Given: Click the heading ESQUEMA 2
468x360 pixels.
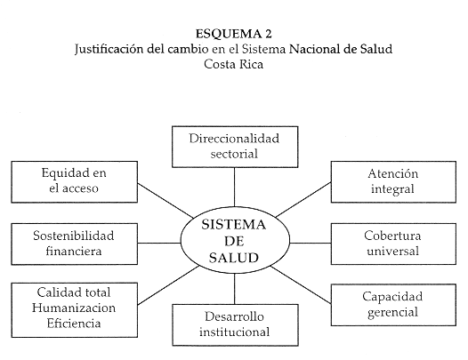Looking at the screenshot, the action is (234, 34).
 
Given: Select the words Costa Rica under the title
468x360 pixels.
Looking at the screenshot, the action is (233, 64).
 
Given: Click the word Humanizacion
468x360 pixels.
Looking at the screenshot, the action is (74, 308).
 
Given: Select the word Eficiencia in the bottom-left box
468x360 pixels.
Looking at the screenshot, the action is (74, 324).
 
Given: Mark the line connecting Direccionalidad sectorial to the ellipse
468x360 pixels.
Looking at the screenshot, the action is (234, 187).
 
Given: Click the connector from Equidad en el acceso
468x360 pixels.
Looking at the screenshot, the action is (165, 200).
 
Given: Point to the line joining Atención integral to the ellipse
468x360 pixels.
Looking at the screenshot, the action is (303, 199).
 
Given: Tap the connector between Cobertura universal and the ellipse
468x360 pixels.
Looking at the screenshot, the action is (311, 243).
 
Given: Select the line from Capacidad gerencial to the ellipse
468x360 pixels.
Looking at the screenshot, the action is (301, 284).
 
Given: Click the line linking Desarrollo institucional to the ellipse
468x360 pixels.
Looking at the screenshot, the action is (235, 289).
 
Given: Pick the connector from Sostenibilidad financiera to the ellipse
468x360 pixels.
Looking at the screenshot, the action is (159, 243).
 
